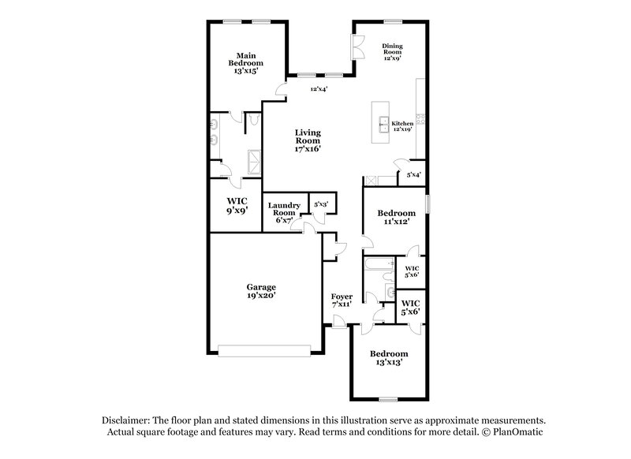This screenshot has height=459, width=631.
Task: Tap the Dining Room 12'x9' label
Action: coord(392,51)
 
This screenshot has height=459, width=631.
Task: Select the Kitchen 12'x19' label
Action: coord(403,126)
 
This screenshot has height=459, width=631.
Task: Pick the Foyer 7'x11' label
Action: coord(342,300)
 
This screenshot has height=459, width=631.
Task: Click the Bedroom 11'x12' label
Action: coord(396,218)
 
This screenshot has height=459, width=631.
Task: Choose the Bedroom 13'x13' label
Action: coord(390,359)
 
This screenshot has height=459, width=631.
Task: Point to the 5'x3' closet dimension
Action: coord(321,204)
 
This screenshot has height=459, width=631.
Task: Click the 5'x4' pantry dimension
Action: coord(413,174)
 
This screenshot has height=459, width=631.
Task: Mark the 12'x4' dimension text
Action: coord(319,89)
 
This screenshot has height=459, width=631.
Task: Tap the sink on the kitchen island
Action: coord(383,123)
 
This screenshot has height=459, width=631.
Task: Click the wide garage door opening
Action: coord(269,349)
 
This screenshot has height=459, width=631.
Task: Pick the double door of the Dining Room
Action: coord(356,49)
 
